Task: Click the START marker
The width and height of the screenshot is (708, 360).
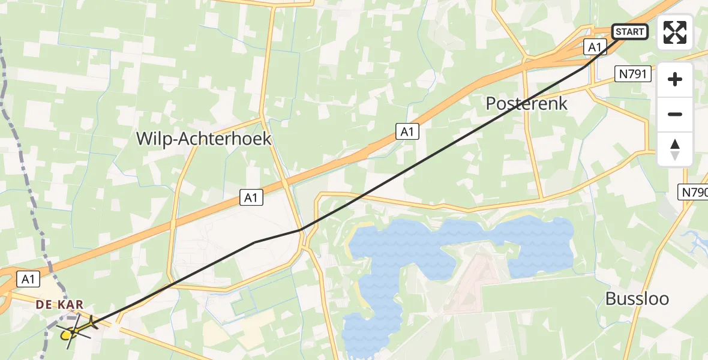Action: pos(629,32)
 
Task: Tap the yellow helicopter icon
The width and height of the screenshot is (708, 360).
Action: pos(73,331)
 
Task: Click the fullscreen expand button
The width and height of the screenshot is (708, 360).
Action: pos(675,32)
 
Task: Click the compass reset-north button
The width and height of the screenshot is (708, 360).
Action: pos(675,149)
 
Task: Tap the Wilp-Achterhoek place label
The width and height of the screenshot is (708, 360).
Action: pos(203,139)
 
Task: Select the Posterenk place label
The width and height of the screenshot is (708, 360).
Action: pos(527,103)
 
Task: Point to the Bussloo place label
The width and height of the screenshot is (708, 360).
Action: pos(637,299)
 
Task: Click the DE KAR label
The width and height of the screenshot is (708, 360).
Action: pos(59,305)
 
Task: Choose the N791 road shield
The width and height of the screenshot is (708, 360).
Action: pos(634,74)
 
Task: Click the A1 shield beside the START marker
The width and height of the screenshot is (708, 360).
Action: pos(595,47)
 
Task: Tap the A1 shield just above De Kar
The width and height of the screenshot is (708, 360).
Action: pos(27,278)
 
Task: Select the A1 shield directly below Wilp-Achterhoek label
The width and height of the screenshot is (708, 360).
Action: pos(252,197)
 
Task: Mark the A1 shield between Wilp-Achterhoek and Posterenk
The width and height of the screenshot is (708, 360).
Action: pos(407,132)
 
